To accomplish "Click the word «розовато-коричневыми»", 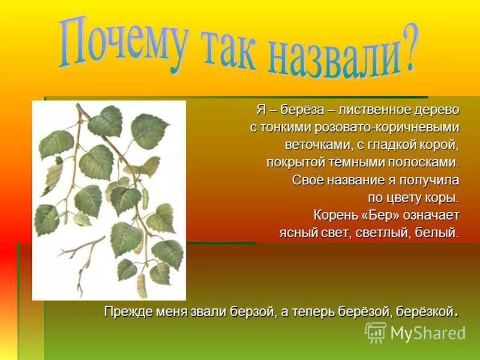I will pos(377,128).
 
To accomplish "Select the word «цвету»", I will pos(405,197).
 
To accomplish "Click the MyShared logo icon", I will pos(376,332).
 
